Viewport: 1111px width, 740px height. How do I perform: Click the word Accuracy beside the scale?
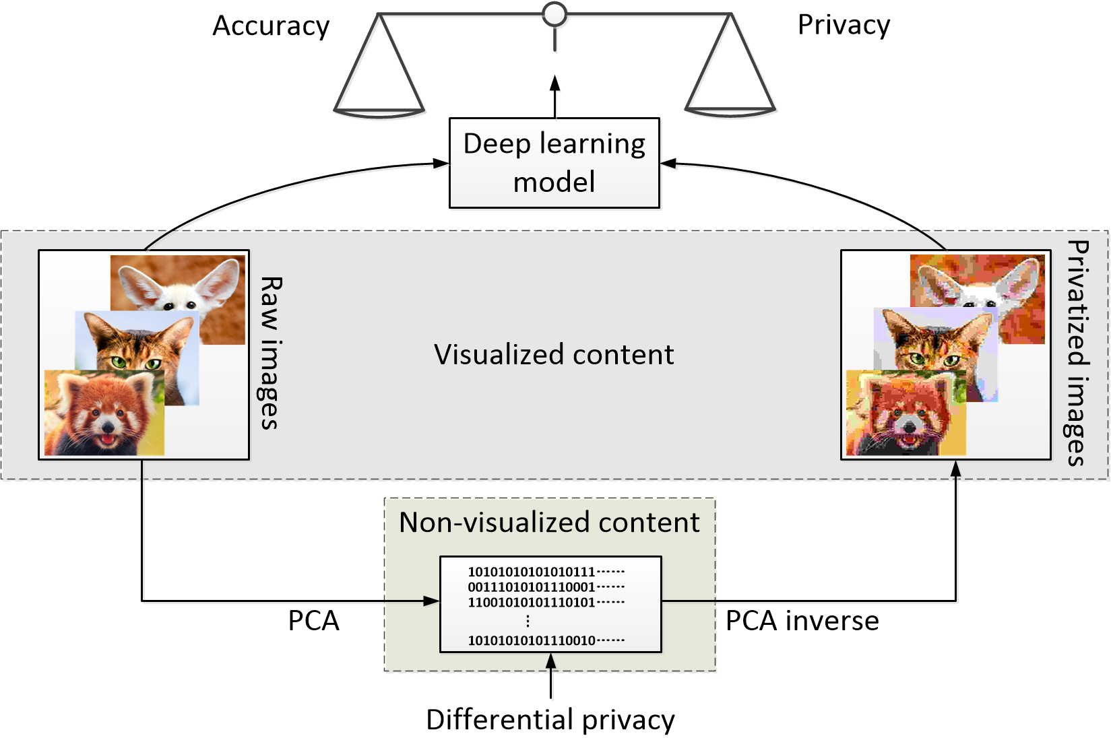click(271, 26)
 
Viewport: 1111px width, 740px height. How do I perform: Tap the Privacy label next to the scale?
click(844, 25)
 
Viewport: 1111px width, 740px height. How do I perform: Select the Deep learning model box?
click(554, 163)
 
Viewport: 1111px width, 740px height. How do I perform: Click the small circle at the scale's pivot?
click(554, 13)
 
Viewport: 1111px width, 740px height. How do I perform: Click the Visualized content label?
click(554, 354)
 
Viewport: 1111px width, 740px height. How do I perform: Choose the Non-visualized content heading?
click(549, 523)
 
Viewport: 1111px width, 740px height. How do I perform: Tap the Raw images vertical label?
click(270, 353)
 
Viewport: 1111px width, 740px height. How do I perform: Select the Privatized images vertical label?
click(1078, 353)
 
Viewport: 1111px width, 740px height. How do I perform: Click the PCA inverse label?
click(802, 621)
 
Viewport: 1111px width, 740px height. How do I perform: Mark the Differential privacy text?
click(550, 719)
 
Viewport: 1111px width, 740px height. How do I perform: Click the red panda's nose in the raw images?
click(106, 427)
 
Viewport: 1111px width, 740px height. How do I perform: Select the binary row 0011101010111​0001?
click(532, 587)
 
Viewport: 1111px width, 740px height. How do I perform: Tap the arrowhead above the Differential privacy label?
click(551, 662)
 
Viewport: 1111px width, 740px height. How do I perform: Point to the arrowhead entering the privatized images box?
click(955, 469)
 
